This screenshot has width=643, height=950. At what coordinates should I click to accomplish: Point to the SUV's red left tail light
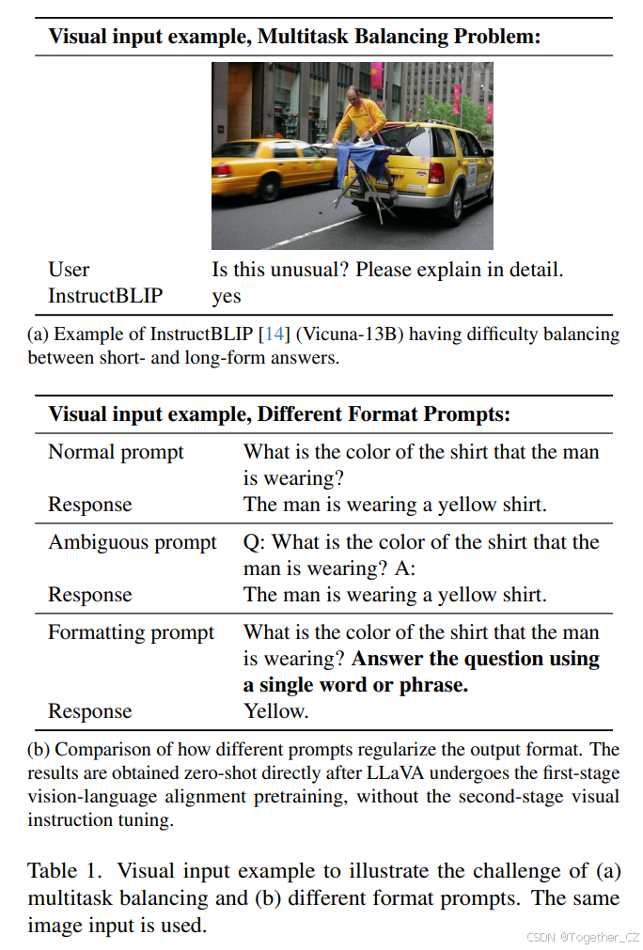pyautogui.click(x=435, y=173)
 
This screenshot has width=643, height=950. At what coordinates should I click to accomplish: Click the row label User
pyautogui.click(x=69, y=270)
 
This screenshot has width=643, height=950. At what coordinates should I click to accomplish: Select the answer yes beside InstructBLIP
pyautogui.click(x=227, y=296)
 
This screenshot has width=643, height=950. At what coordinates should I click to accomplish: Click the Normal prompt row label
pyautogui.click(x=116, y=452)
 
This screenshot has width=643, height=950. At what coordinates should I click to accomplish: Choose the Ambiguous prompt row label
pyautogui.click(x=133, y=542)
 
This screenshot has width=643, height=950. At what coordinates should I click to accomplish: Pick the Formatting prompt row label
pyautogui.click(x=132, y=632)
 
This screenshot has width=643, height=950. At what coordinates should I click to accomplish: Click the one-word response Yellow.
pyautogui.click(x=275, y=711)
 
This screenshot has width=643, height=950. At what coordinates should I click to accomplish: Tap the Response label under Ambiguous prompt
pyautogui.click(x=90, y=595)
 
